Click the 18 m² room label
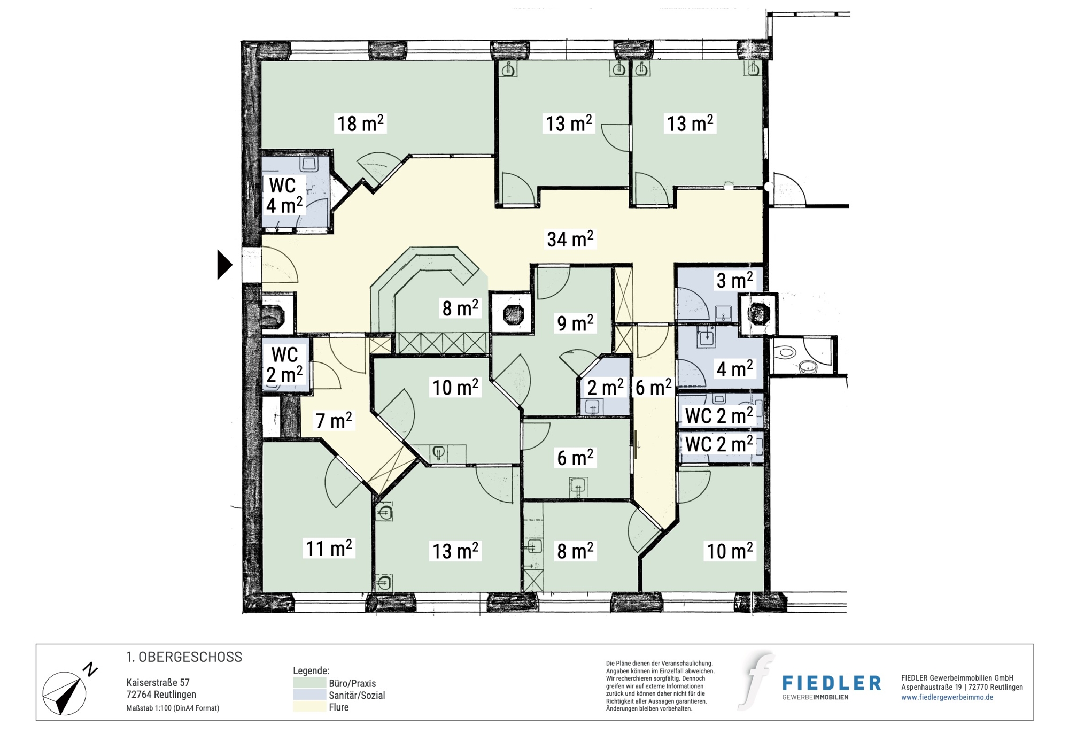360,124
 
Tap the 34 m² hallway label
570,239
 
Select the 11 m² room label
328,548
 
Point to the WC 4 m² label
284,196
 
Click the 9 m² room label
575,323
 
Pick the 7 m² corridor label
334,421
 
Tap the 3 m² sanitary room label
734,280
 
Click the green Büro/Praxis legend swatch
309,683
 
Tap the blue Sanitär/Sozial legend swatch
309,695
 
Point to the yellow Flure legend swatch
309,706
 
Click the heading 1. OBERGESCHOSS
184,657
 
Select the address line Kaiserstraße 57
158,683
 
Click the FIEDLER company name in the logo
832,683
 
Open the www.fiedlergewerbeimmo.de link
947,697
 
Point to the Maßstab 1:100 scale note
173,708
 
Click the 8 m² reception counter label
460,308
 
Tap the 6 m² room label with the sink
575,458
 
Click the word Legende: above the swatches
311,670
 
